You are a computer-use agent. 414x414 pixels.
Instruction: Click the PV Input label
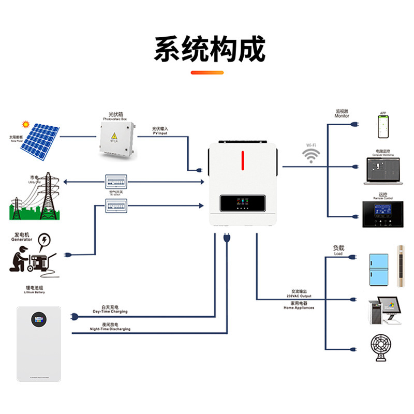click(x=160, y=133)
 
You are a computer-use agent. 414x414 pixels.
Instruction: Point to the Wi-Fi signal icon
click(x=311, y=156)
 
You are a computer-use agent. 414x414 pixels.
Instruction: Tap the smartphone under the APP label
click(x=383, y=126)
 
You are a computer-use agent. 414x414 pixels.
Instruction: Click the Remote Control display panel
click(x=383, y=214)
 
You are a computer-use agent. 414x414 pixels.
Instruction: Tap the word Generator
click(x=21, y=240)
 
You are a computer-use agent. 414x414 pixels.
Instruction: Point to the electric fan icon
click(x=383, y=348)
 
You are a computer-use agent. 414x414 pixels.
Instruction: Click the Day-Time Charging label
click(x=110, y=312)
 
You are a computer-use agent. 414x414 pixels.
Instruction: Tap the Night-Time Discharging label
click(x=110, y=329)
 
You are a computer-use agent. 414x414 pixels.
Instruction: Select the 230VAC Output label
click(x=299, y=295)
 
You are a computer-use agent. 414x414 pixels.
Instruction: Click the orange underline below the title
click(x=207, y=72)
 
